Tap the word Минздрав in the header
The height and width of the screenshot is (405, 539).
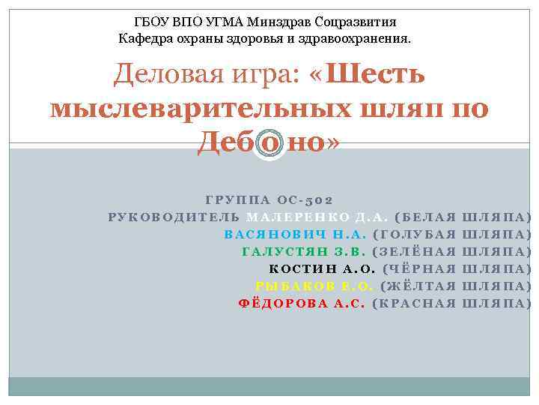(x=265, y=22)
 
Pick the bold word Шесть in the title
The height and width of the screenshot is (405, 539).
(x=377, y=75)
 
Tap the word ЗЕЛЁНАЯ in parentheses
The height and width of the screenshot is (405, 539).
(x=421, y=251)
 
